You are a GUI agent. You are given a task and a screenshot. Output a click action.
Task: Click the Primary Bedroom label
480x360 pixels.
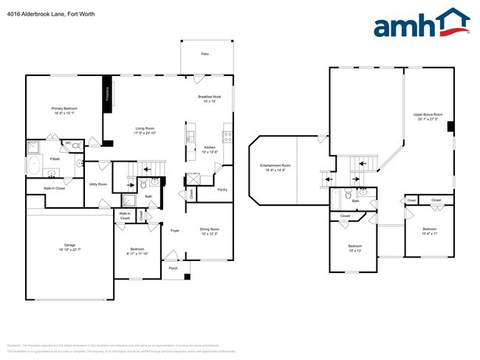tap(65, 108)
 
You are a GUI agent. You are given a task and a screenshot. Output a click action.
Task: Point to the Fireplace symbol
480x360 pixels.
tap(107, 94)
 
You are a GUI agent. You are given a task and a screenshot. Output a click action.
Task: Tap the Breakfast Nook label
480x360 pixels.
tap(210, 97)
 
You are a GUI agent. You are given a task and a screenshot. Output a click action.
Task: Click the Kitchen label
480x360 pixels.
tap(210, 147)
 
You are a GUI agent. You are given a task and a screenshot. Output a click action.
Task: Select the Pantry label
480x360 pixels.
tap(222, 190)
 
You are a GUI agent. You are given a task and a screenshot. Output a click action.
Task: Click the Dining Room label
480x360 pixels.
tap(210, 229)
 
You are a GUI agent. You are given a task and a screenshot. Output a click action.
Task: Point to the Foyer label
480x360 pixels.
tap(175, 231)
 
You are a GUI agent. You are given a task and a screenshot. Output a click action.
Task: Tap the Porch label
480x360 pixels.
tap(173, 268)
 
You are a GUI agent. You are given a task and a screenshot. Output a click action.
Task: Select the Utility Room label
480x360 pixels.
tap(98, 184)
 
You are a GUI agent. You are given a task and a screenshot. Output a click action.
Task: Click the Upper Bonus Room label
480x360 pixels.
tap(428, 114)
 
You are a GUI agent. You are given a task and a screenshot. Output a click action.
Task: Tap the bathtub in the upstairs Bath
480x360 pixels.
tap(337, 200)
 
